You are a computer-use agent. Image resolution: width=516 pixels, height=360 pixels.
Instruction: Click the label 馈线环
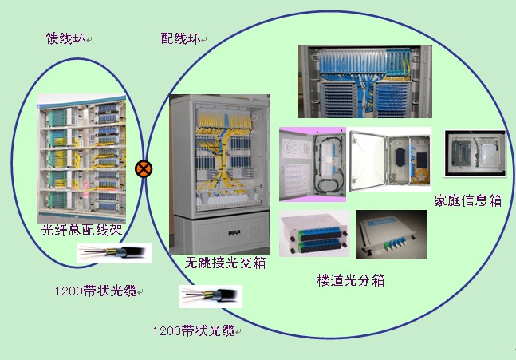66,38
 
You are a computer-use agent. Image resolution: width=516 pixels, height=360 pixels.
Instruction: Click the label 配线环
181,38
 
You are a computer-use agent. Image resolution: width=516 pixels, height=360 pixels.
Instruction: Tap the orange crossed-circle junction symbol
144,169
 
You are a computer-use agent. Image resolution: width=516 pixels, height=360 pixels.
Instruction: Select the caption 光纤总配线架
82,230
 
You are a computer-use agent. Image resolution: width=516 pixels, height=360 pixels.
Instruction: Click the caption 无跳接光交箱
226,263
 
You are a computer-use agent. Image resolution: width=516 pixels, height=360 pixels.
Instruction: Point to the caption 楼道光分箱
351,280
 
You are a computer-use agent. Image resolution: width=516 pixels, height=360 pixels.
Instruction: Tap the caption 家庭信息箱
468,200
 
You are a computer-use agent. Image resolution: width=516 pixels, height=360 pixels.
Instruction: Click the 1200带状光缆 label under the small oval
96,291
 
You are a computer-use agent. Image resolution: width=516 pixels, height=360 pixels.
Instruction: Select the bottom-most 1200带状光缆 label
194,330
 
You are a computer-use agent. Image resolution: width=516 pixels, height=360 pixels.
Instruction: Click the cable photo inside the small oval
114,253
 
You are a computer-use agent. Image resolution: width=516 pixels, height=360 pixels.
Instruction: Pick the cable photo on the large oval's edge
211,296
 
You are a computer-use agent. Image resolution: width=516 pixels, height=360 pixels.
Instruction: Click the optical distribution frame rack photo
81,158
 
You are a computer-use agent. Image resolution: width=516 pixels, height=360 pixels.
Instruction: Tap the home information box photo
475,153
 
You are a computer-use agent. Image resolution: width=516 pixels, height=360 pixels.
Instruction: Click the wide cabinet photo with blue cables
365,81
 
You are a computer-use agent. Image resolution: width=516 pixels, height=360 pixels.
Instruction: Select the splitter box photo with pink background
313,164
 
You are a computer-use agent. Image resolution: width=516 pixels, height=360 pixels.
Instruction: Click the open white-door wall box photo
390,160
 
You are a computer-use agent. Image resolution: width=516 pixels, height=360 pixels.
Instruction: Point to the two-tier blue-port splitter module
314,233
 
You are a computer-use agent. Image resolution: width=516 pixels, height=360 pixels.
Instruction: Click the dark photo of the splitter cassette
391,235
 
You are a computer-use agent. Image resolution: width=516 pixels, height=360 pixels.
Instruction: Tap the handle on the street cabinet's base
234,233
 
